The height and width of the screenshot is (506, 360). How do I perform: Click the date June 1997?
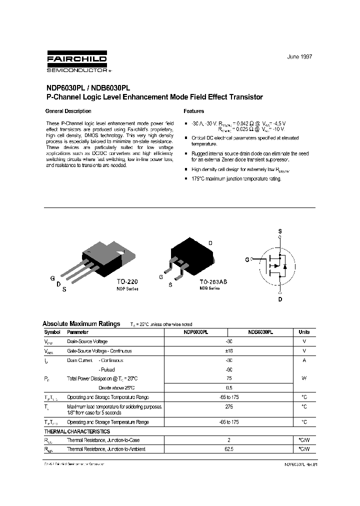299,56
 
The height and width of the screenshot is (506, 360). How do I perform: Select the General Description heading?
68,111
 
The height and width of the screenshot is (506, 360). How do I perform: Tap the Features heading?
194,111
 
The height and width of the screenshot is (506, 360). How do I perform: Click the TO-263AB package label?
212,282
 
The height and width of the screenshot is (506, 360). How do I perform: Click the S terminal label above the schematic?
279,231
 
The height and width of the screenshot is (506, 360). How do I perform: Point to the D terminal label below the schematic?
280,299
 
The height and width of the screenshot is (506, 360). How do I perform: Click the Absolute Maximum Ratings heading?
81,323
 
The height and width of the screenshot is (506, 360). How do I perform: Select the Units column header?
304,332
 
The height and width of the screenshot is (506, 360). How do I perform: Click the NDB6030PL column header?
260,332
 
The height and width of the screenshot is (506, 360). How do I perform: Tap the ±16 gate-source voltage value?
229,351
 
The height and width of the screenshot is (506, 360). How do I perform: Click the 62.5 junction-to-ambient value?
229,449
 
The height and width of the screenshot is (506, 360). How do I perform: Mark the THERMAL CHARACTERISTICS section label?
77,431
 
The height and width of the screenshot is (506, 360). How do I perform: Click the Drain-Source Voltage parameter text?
87,341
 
